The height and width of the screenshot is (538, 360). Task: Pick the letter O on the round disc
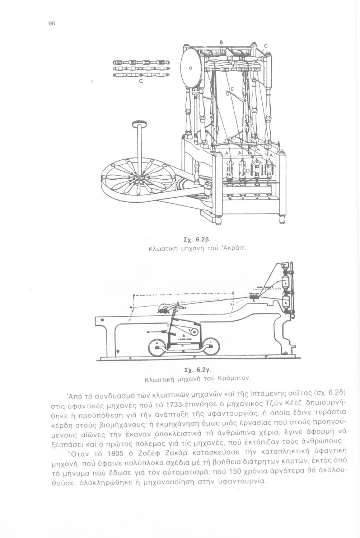[x=190, y=69]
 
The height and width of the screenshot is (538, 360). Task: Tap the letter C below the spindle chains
[x=141, y=81]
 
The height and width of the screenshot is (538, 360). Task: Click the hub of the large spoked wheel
[x=138, y=177]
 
